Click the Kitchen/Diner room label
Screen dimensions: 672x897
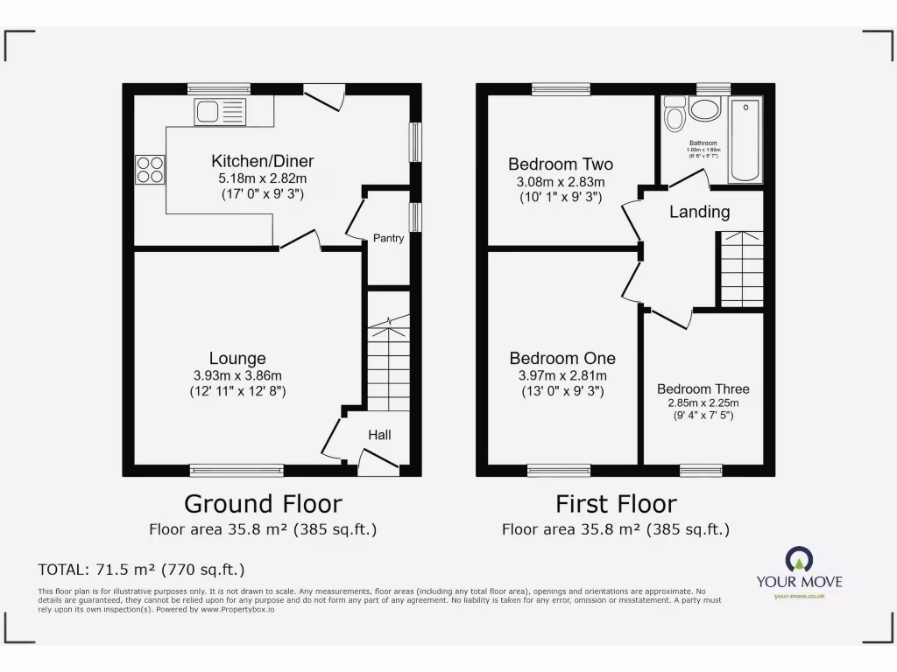point(262,161)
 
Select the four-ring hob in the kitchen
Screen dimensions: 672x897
point(150,169)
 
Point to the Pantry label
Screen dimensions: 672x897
point(388,238)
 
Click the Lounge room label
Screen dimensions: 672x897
point(237,359)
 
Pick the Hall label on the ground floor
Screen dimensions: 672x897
point(379,435)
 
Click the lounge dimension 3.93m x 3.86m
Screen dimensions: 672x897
point(237,375)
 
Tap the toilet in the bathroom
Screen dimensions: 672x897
point(675,114)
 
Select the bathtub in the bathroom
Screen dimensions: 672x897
point(745,140)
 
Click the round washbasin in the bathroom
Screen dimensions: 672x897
point(705,110)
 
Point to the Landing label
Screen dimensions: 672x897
point(700,212)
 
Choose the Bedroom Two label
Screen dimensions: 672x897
point(561,164)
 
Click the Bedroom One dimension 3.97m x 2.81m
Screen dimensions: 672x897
point(562,375)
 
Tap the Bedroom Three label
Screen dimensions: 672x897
point(703,389)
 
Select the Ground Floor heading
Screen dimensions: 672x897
point(263,504)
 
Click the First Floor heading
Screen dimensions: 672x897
point(616,504)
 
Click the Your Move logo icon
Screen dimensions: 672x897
point(798,559)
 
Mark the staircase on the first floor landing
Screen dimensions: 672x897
point(741,269)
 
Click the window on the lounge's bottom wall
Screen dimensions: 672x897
point(237,471)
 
